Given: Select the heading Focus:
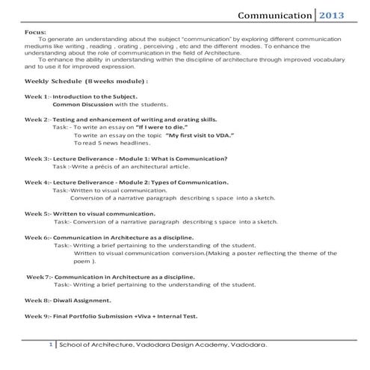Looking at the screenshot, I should (35, 33).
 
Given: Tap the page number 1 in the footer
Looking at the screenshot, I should (49, 345).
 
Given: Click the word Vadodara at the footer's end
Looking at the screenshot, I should (243, 346).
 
